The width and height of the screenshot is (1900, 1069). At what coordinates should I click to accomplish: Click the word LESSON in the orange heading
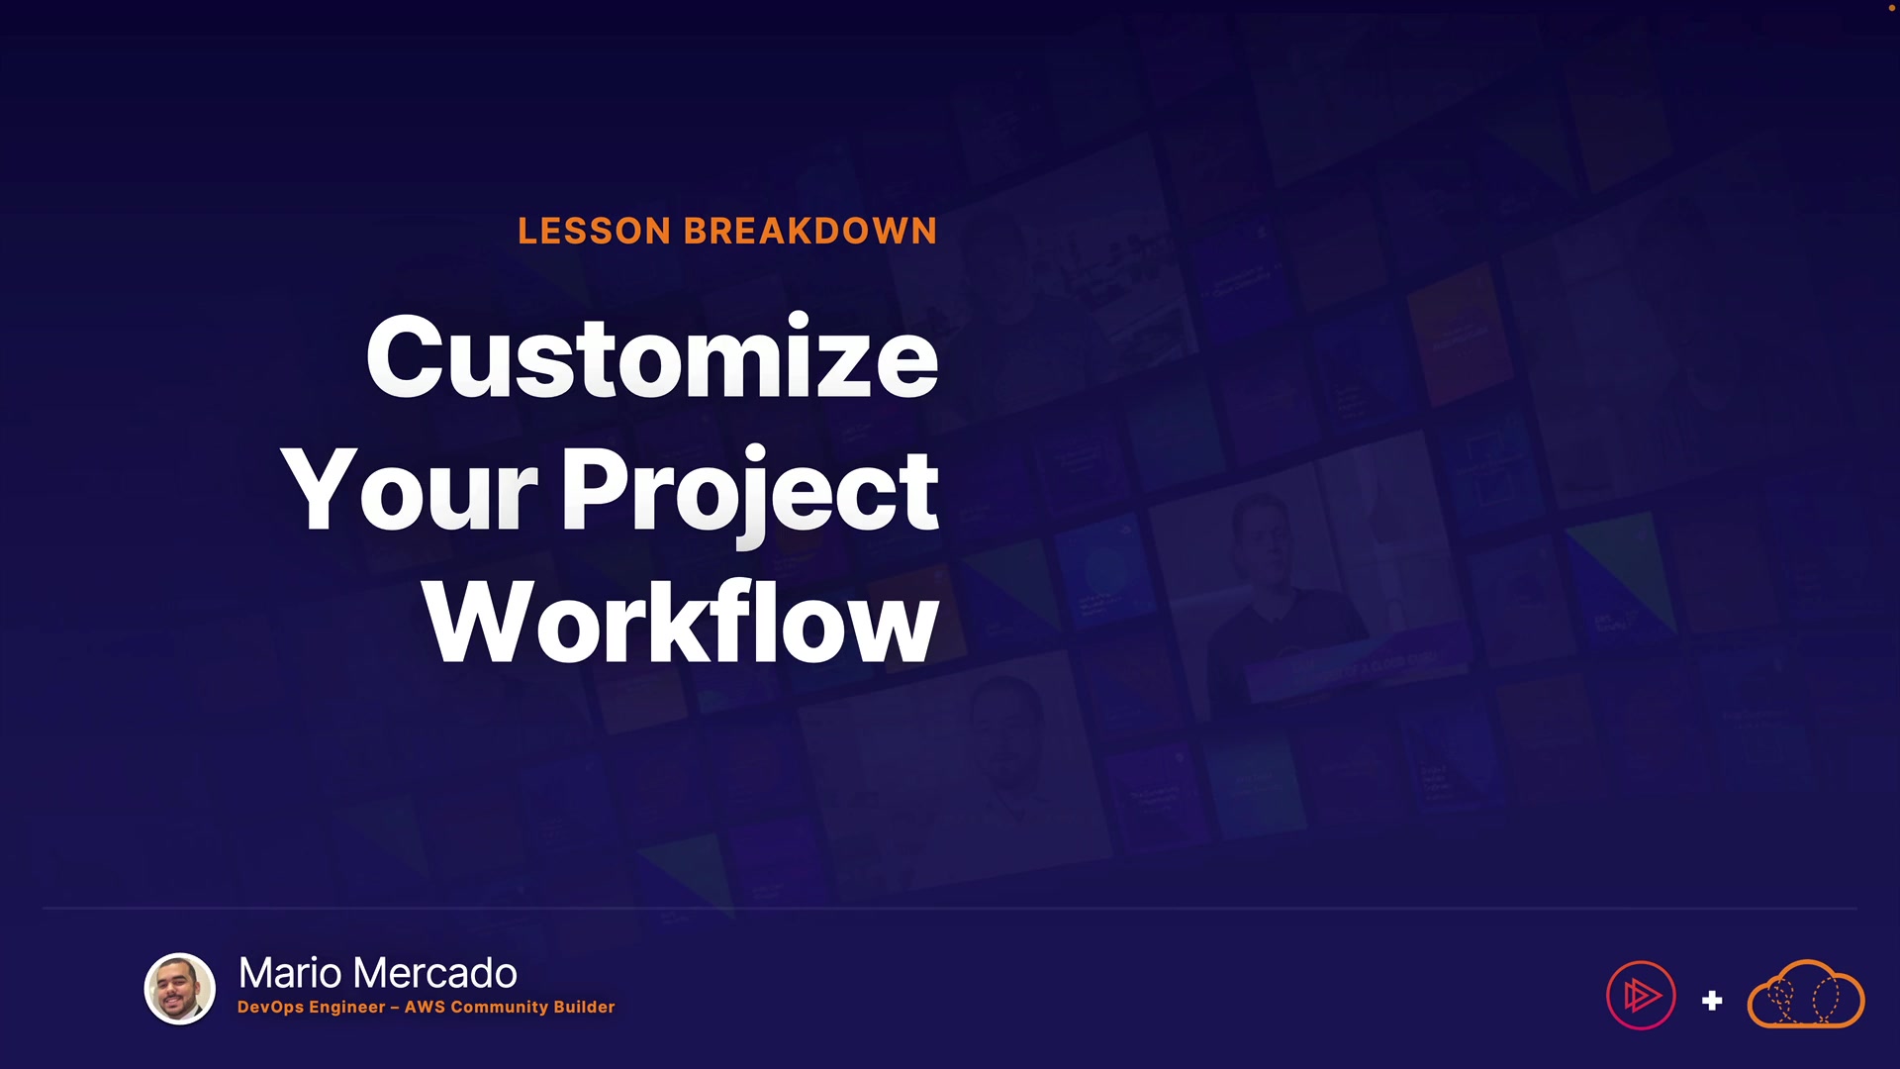(595, 232)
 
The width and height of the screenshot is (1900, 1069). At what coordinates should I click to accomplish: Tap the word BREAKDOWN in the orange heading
(810, 232)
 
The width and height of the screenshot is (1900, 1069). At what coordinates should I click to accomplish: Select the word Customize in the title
(652, 357)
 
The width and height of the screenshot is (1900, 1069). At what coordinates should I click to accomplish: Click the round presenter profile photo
(180, 989)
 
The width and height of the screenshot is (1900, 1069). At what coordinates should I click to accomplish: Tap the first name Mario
(289, 974)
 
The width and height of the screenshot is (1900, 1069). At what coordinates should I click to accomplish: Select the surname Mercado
(435, 974)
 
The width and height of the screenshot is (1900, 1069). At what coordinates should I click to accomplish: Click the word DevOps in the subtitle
(271, 1007)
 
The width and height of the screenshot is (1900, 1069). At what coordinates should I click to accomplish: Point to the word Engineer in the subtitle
(347, 1008)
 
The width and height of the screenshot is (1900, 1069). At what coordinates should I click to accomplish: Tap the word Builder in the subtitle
(584, 1007)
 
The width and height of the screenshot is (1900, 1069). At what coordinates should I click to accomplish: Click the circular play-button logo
(1641, 996)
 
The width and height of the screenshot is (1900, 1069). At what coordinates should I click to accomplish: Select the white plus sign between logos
(1712, 1001)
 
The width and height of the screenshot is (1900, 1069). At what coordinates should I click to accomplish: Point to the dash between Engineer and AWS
(395, 1008)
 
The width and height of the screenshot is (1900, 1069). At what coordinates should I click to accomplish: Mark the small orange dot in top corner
(1892, 7)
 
